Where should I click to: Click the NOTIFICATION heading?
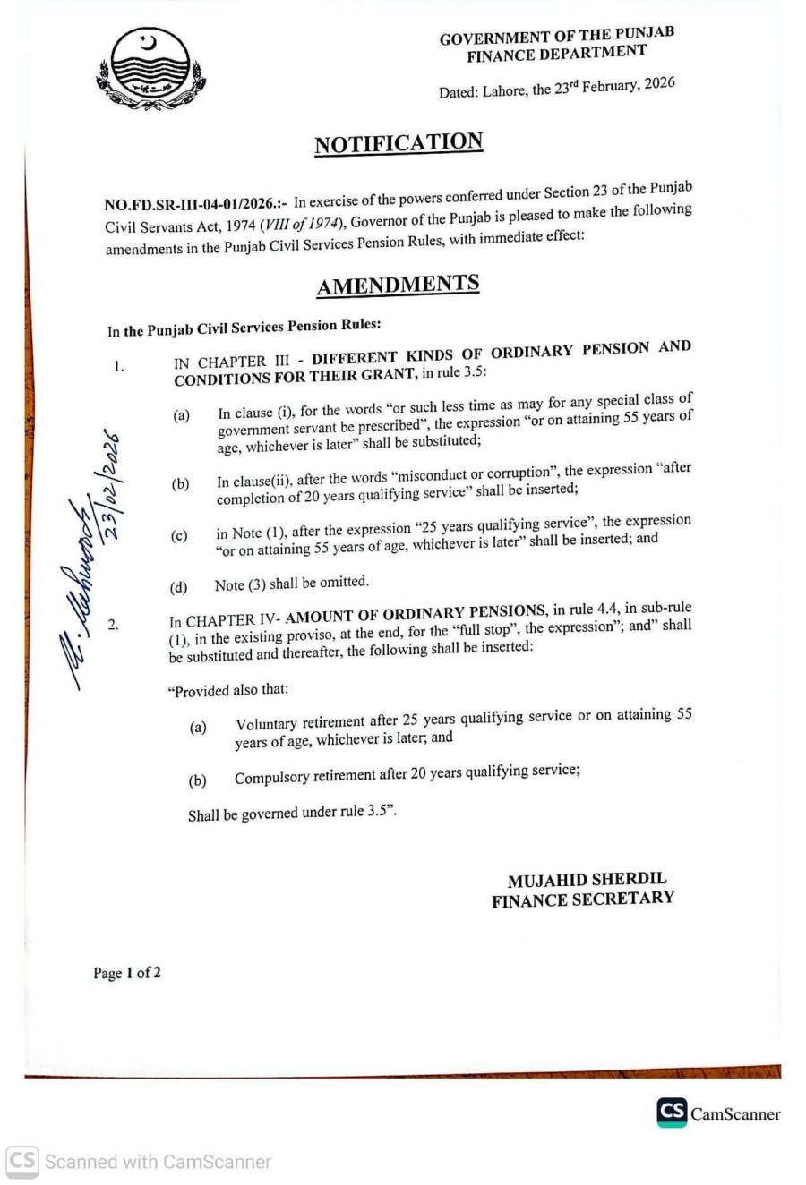pyautogui.click(x=399, y=144)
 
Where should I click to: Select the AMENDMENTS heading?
pyautogui.click(x=398, y=286)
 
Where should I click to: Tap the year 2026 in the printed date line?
pyautogui.click(x=658, y=84)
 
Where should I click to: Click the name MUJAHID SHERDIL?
pyautogui.click(x=587, y=880)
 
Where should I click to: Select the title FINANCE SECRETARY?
pyautogui.click(x=582, y=899)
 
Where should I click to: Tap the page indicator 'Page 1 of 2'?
pyautogui.click(x=127, y=973)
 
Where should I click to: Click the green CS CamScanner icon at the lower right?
pyautogui.click(x=672, y=1113)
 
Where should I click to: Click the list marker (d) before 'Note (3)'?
pyautogui.click(x=179, y=588)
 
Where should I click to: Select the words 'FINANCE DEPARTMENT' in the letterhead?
pyautogui.click(x=555, y=54)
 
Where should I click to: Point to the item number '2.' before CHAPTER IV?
pyautogui.click(x=114, y=624)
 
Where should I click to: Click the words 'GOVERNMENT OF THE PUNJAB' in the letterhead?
pyautogui.click(x=556, y=36)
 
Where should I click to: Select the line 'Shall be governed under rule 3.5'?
pyautogui.click(x=292, y=814)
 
